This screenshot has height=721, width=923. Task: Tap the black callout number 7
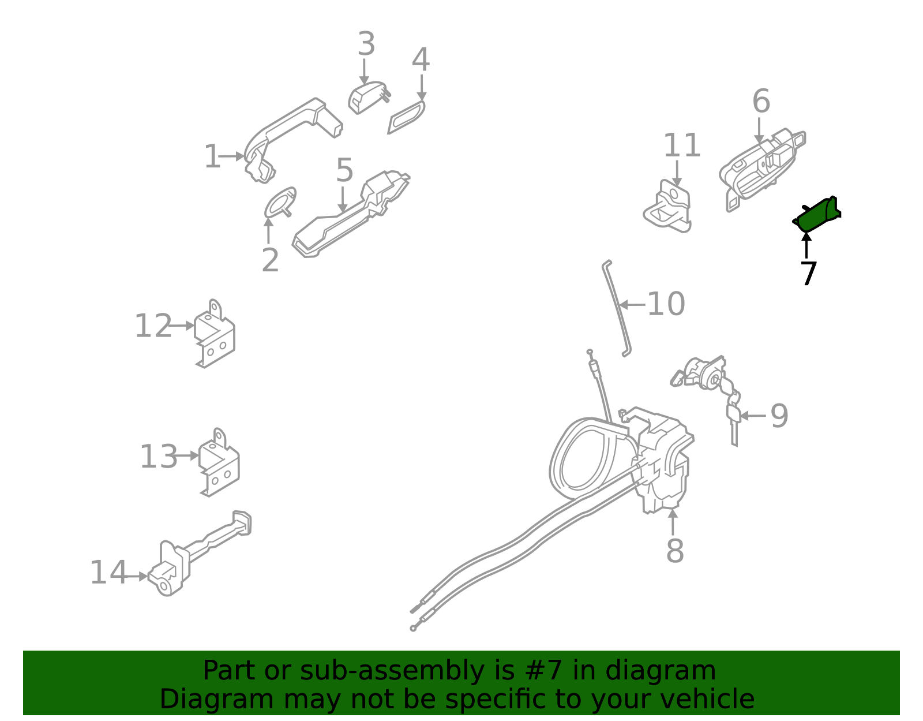(809, 274)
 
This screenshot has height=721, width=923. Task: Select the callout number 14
(108, 573)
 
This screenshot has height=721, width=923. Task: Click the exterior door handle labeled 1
(291, 124)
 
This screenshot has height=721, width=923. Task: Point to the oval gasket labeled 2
(280, 201)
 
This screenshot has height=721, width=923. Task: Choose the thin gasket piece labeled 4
(407, 117)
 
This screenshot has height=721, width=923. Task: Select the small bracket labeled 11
(668, 208)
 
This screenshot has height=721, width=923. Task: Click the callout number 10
(666, 304)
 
